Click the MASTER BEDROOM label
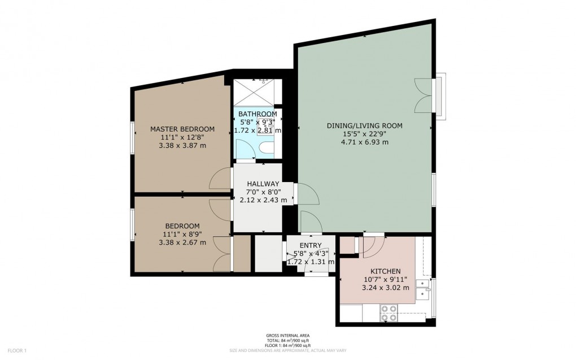pos(182,129)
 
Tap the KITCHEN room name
pos(385,271)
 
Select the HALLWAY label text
pos(263,184)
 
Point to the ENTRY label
pos(311,245)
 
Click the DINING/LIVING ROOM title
pos(364,125)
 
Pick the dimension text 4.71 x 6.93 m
pos(365,142)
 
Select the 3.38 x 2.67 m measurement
pos(182,242)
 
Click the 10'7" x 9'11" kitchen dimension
pos(385,279)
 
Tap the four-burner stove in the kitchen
pos(389,313)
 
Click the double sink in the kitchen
pos(424,289)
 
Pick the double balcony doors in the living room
pos(424,96)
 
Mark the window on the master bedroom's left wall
pos(133,138)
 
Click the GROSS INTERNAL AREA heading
pos(287,336)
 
